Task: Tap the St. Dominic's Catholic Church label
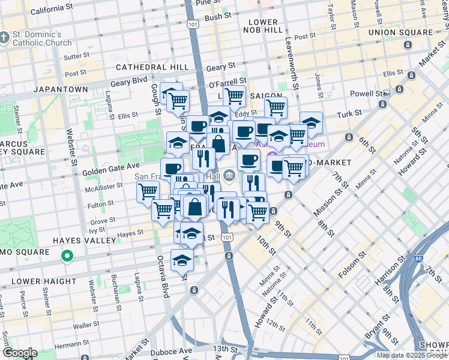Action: click(x=41, y=38)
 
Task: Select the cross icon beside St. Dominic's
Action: click(x=5, y=38)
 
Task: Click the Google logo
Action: click(x=19, y=353)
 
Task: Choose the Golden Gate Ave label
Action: click(x=116, y=165)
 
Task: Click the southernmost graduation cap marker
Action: click(x=181, y=260)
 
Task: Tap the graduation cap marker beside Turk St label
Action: click(x=311, y=122)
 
